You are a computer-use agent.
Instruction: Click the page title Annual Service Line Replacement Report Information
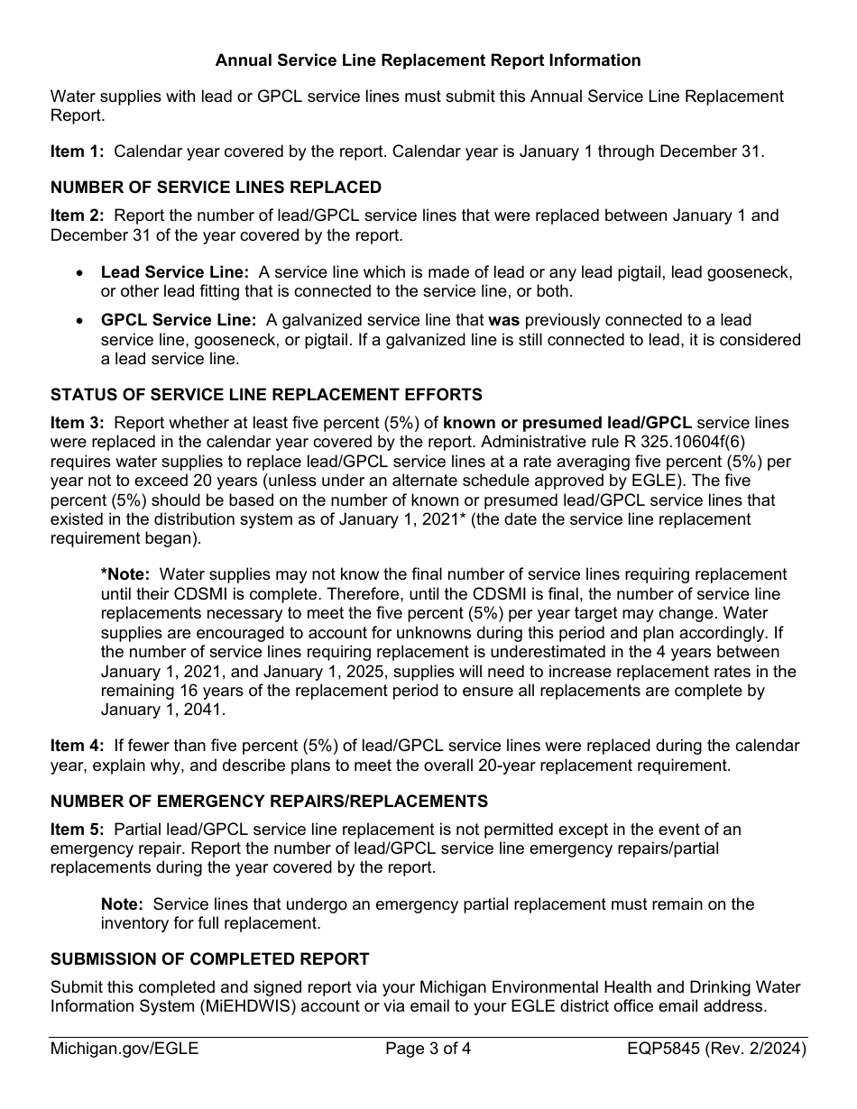428,60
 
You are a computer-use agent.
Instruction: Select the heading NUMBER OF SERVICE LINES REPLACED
216,188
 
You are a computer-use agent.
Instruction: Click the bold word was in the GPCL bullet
503,320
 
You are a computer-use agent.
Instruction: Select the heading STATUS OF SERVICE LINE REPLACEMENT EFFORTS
266,395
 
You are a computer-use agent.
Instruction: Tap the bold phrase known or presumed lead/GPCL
567,422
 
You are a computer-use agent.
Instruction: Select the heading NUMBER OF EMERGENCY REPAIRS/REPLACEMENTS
269,801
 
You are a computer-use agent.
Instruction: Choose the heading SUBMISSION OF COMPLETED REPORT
209,958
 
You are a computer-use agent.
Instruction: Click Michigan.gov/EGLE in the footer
124,1049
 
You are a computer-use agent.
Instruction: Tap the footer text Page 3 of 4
428,1049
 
